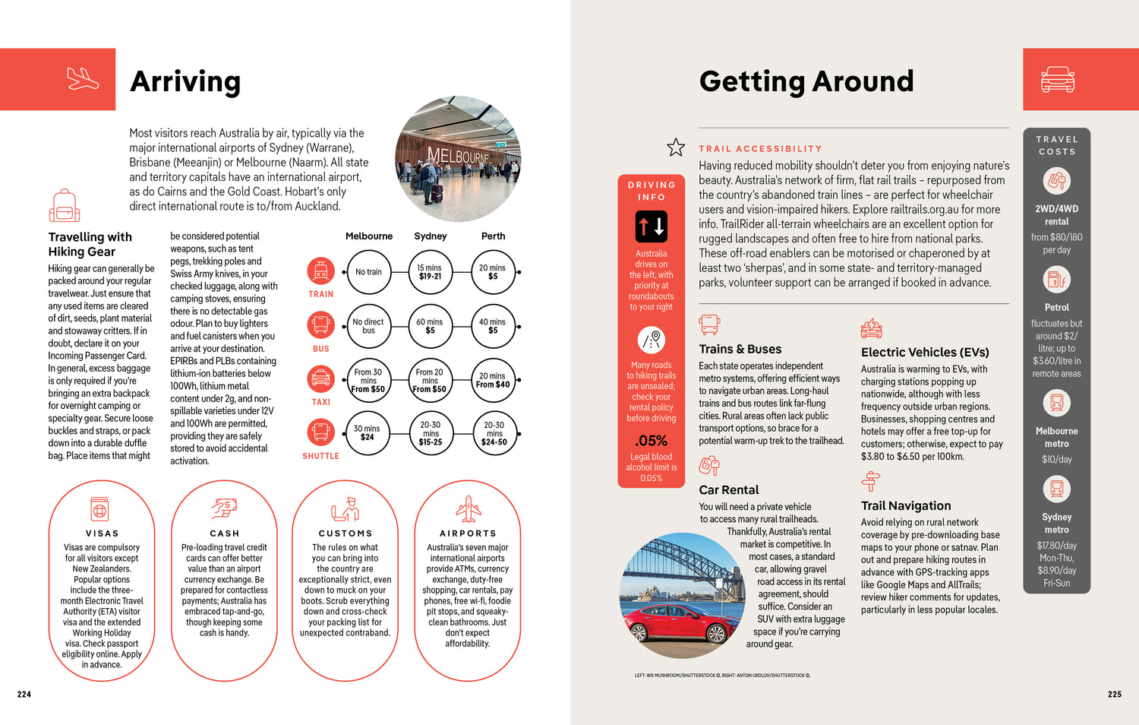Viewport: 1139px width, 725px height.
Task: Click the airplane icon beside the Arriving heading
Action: coord(83,79)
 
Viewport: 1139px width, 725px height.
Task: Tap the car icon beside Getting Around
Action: coord(1057,79)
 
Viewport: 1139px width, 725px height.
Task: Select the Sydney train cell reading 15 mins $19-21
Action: coord(430,272)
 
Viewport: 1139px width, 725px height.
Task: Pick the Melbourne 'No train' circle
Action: coord(368,272)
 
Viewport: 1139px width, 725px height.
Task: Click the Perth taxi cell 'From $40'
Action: coord(493,380)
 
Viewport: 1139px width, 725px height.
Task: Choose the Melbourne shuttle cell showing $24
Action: coord(368,433)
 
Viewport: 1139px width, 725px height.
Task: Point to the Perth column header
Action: coord(493,236)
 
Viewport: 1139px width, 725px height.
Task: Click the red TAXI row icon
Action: coord(320,378)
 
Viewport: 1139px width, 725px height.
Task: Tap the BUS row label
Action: coord(321,349)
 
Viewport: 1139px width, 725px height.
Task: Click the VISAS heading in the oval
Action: coord(103,533)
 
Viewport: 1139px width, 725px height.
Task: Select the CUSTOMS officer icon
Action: coord(345,508)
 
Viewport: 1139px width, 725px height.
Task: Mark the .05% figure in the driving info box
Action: coord(652,441)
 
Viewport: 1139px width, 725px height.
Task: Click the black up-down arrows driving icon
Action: coord(652,226)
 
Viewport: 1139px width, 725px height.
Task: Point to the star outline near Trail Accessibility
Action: coord(676,147)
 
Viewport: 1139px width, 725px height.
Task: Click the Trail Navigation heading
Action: coord(906,506)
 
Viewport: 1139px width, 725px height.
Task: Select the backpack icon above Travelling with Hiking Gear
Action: coord(65,205)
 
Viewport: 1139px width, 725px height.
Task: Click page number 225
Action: coord(1114,694)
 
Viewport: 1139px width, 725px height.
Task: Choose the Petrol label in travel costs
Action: coord(1056,308)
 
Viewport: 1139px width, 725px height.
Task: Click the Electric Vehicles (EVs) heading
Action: coord(925,353)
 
